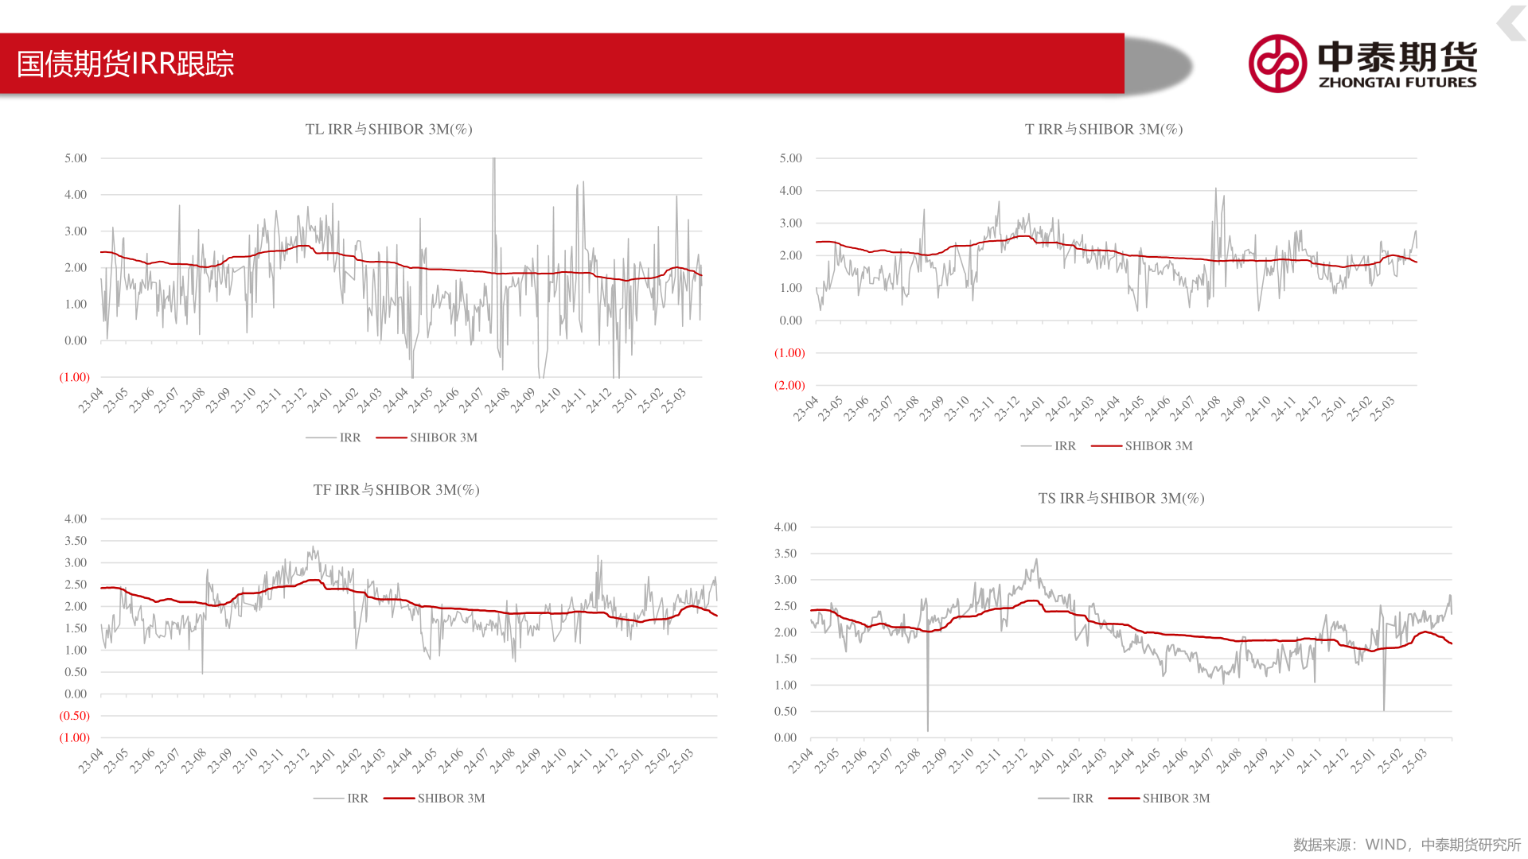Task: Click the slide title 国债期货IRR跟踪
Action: click(126, 64)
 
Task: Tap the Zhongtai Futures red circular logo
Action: click(1277, 64)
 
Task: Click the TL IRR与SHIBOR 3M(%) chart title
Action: click(388, 129)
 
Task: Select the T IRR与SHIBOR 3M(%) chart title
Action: click(1103, 129)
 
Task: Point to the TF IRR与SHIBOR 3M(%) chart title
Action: click(396, 490)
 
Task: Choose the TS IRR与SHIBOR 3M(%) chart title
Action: click(1121, 499)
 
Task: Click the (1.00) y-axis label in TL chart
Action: click(75, 377)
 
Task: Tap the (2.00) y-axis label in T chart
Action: click(789, 385)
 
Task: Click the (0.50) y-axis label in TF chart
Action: click(75, 716)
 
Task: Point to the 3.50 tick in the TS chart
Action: click(785, 554)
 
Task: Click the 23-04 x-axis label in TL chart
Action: click(92, 400)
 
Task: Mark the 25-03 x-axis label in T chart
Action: click(1383, 408)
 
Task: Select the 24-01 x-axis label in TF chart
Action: click(322, 761)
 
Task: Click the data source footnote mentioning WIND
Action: click(1406, 845)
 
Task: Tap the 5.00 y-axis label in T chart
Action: click(790, 158)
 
